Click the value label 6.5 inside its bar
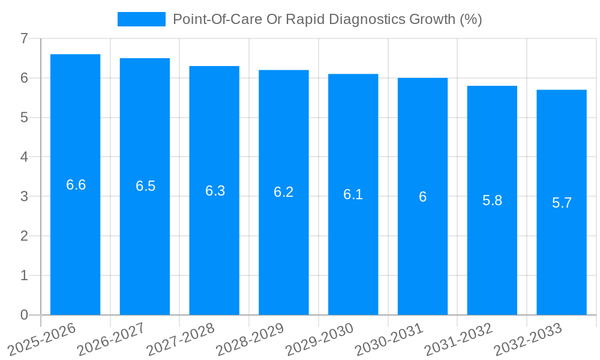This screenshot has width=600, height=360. [145, 186]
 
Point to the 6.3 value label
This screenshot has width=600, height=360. [215, 191]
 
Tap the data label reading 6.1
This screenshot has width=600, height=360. [353, 194]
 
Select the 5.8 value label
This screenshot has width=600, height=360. [492, 200]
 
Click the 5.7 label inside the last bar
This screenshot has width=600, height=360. [562, 203]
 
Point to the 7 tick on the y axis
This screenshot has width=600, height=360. [24, 38]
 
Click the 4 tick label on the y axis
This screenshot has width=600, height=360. [24, 157]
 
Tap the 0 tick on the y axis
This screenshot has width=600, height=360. [24, 315]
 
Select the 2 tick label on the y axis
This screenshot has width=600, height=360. [24, 236]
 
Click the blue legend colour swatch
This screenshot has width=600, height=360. [142, 19]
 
